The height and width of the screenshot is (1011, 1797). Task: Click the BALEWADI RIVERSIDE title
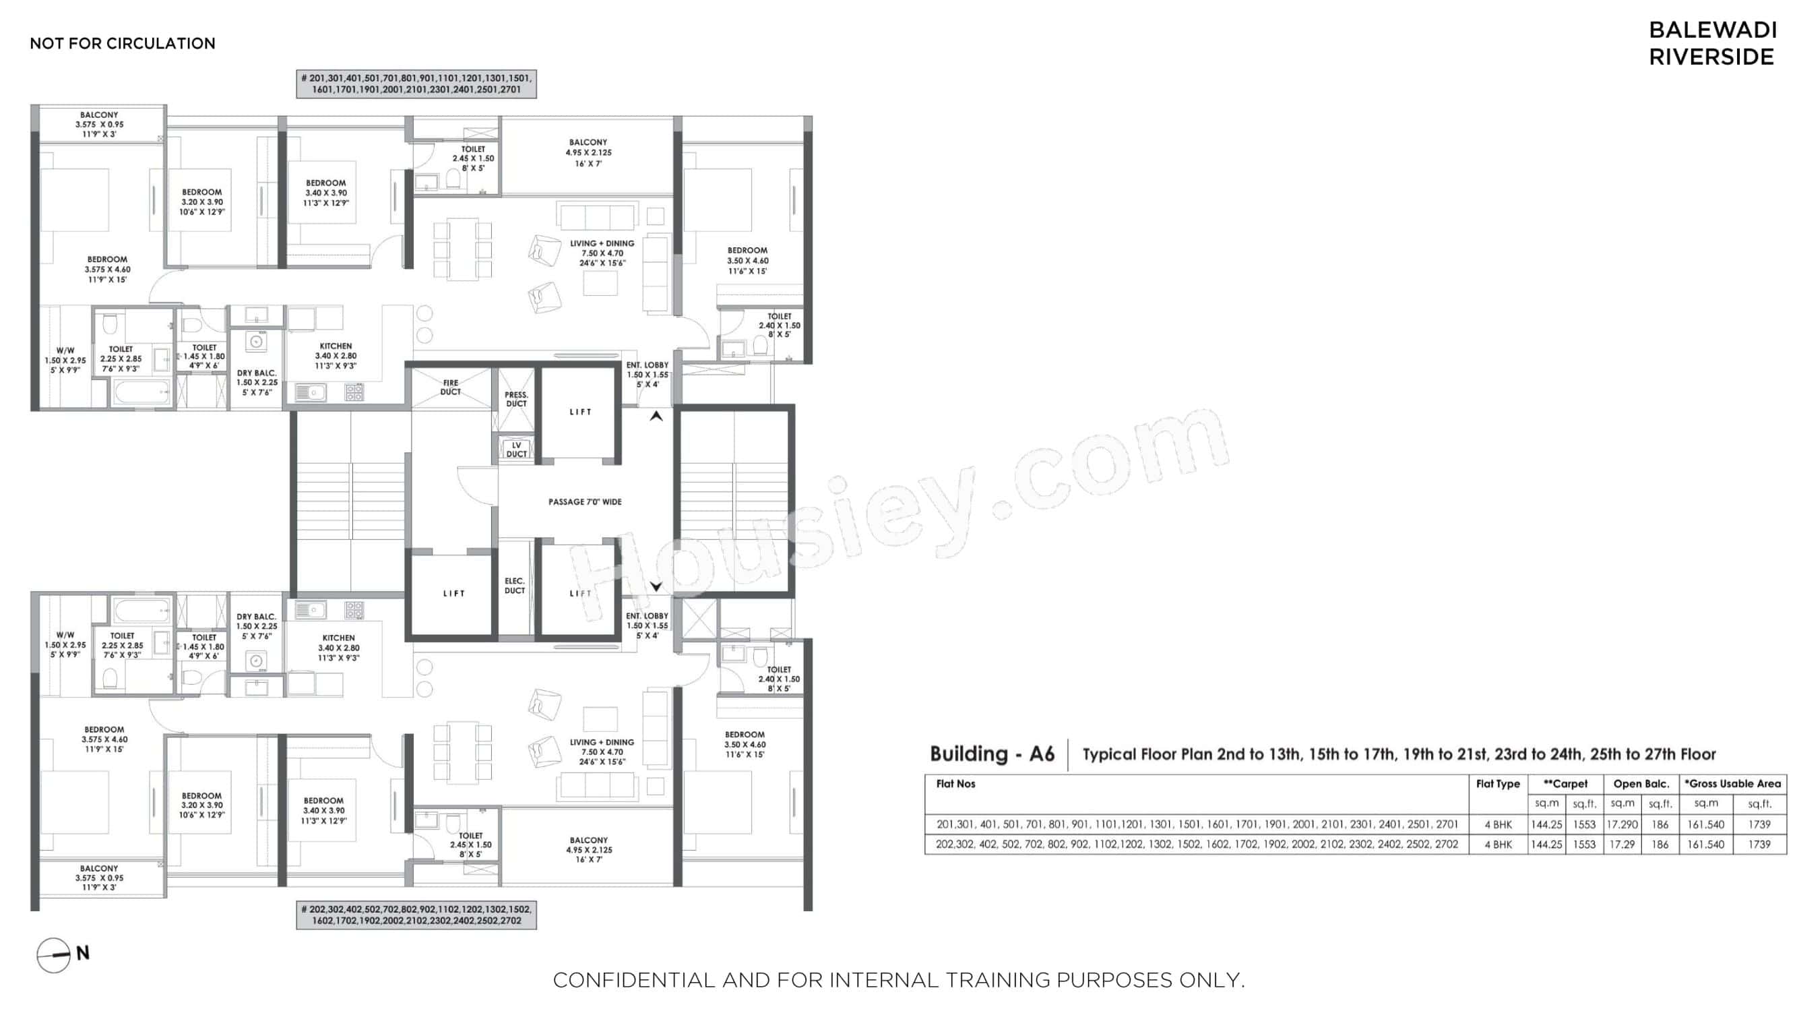click(x=1711, y=43)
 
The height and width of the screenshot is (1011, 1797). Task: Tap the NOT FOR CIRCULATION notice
click(x=122, y=43)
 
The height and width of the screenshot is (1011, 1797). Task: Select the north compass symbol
click(x=55, y=954)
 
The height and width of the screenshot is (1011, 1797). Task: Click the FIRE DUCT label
click(x=451, y=388)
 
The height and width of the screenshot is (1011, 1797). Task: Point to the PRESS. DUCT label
click(x=516, y=399)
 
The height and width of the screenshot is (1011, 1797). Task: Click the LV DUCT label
click(x=516, y=450)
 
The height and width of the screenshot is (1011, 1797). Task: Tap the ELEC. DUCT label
click(x=515, y=586)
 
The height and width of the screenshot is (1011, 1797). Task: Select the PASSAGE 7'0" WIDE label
click(x=585, y=501)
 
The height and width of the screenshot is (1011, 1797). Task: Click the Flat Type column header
click(x=1497, y=784)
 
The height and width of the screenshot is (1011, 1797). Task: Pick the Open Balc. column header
click(x=1641, y=784)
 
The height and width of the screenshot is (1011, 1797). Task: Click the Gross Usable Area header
click(x=1733, y=784)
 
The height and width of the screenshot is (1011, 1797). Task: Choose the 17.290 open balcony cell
click(x=1622, y=824)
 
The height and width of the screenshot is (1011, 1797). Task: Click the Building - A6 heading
click(x=991, y=754)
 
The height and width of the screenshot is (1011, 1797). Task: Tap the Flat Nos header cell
click(x=955, y=784)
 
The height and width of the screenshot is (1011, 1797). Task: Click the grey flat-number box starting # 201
click(x=416, y=84)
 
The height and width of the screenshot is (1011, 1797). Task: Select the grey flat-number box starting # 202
click(x=416, y=915)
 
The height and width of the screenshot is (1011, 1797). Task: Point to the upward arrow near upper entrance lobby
click(x=656, y=416)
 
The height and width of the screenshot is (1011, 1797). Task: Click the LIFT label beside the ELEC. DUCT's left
click(x=453, y=593)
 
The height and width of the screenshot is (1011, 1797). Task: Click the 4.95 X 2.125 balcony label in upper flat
click(x=588, y=153)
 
